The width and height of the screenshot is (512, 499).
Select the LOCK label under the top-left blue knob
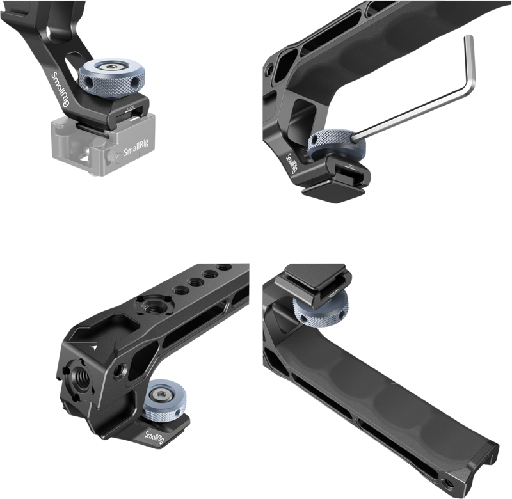click(x=132, y=110)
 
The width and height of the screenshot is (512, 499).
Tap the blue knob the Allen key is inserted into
click(x=333, y=144)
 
